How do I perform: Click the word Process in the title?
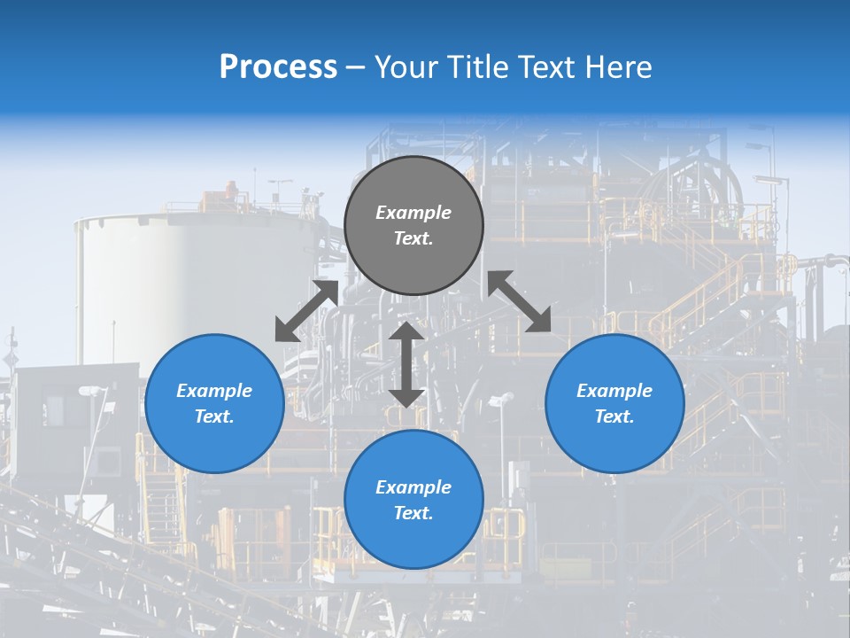coord(278,67)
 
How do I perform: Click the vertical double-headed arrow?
coord(406,364)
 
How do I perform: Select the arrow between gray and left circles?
coord(306,311)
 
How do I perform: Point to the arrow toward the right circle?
coord(519,301)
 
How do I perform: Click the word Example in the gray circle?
coord(413,213)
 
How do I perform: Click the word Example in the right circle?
coord(614,391)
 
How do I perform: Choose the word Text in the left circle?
coord(214,416)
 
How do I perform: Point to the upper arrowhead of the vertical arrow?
coord(406,332)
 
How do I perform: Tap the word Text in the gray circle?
coord(413,238)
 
